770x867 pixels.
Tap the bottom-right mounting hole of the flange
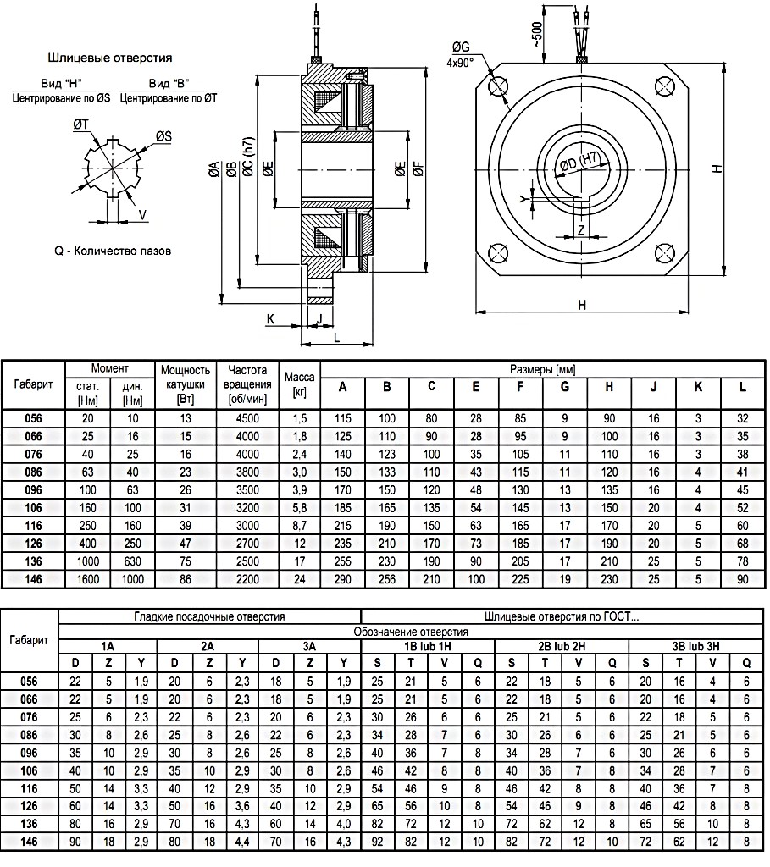(x=665, y=253)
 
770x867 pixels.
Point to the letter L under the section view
(x=337, y=338)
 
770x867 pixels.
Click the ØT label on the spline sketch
(x=82, y=124)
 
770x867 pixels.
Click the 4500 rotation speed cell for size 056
(x=247, y=418)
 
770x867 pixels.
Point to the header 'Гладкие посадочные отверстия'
(x=211, y=616)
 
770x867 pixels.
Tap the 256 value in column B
(x=386, y=579)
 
